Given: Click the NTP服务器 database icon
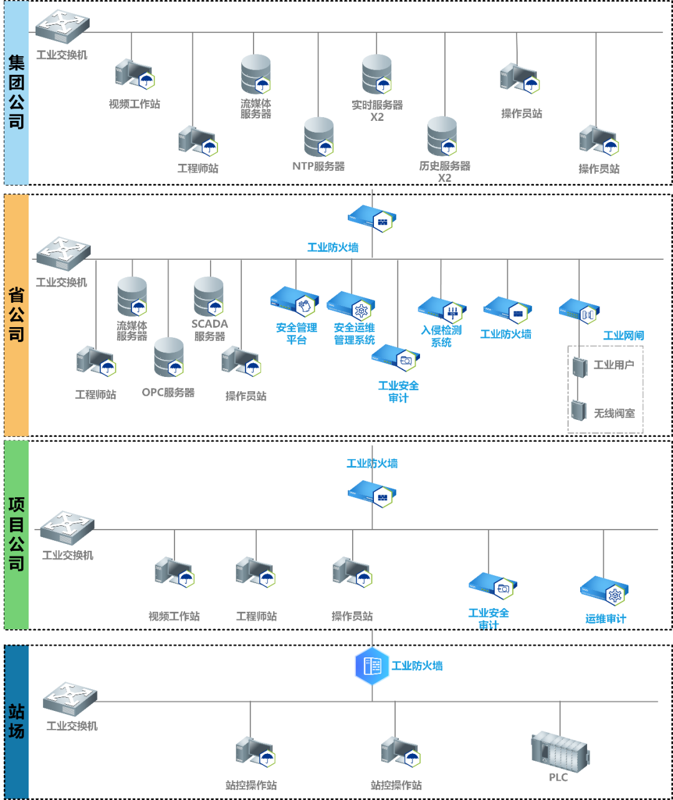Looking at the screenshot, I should pyautogui.click(x=319, y=137).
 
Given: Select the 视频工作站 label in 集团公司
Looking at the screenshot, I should pyautogui.click(x=135, y=104).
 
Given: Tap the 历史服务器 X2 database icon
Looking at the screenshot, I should pyautogui.click(x=442, y=136).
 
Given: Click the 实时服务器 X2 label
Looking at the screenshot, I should pyautogui.click(x=377, y=111).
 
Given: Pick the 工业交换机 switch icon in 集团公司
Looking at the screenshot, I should pyautogui.click(x=62, y=27).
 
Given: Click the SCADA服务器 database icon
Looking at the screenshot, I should pyautogui.click(x=209, y=297).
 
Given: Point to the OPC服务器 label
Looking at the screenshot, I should pyautogui.click(x=168, y=393).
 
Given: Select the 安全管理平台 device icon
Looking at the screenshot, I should pyautogui.click(x=295, y=302).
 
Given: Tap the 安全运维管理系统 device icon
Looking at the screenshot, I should pyautogui.click(x=351, y=305).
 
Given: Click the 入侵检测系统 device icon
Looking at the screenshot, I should pyautogui.click(x=442, y=309).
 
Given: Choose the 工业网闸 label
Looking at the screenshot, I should pyautogui.click(x=623, y=336).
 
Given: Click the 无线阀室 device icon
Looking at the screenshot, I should pyautogui.click(x=579, y=410).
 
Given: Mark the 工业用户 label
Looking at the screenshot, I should pyautogui.click(x=614, y=364).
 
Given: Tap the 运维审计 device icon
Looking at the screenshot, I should pyautogui.click(x=604, y=591).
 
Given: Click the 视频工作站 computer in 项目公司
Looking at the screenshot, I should pyautogui.click(x=174, y=573).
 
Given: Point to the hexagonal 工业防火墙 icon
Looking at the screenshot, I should pyautogui.click(x=371, y=666).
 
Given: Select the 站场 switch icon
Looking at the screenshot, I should pyautogui.click(x=70, y=698).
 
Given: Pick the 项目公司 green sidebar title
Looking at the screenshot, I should pyautogui.click(x=17, y=535).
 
